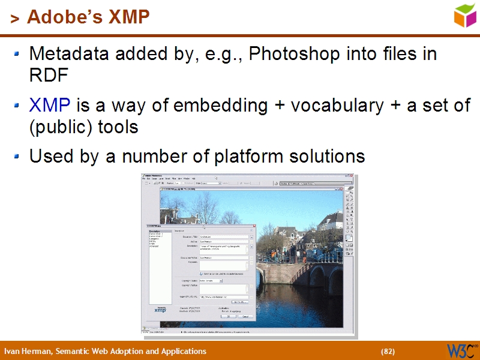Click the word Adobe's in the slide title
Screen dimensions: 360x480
point(65,17)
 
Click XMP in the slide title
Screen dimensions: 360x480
point(128,17)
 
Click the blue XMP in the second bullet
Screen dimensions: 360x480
point(50,106)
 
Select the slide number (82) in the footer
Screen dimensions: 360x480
point(388,352)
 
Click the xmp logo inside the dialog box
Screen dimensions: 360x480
point(160,309)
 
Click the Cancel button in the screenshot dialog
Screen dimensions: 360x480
point(245,316)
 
